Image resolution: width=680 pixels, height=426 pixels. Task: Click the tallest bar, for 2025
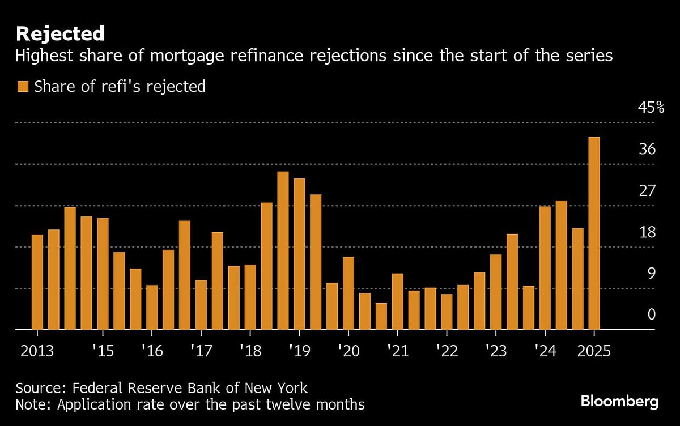(594, 232)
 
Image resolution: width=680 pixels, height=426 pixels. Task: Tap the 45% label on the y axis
(643, 107)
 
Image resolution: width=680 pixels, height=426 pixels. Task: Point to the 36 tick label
(647, 149)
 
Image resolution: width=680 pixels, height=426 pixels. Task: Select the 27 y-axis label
(647, 191)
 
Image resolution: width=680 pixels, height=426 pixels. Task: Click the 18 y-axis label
(647, 232)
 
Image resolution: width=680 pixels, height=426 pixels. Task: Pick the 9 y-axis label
(651, 274)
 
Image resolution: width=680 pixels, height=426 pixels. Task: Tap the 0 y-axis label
(651, 314)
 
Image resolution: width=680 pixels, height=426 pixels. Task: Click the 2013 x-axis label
(37, 351)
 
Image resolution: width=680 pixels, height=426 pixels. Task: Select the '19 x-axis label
(299, 351)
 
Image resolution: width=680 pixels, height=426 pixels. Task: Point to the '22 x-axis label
(447, 351)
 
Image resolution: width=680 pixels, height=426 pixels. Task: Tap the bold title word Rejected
(60, 33)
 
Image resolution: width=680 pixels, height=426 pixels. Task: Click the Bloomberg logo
(619, 402)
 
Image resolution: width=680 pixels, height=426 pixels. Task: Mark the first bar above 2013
(37, 282)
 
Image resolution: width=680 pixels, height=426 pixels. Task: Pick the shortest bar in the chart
(381, 316)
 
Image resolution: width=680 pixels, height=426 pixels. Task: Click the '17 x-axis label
(201, 351)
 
